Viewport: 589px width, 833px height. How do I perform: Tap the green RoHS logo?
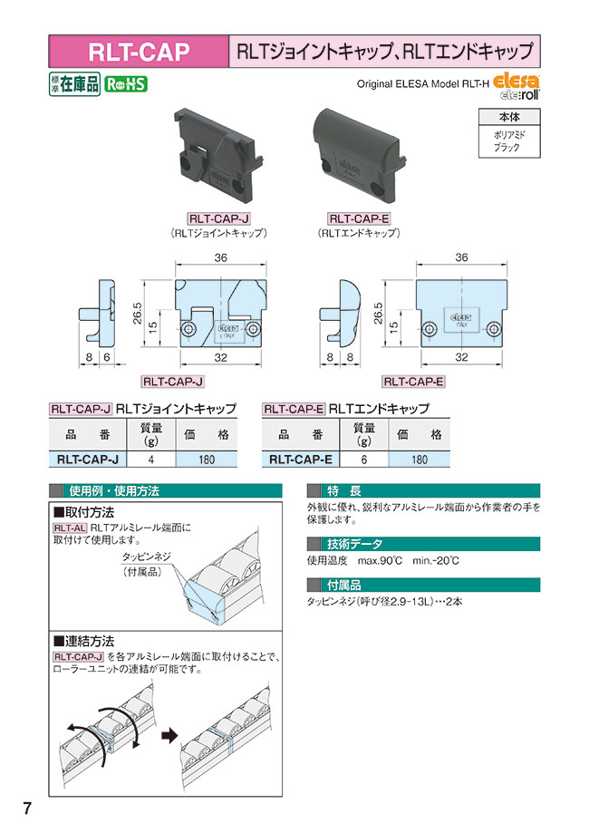pos(125,84)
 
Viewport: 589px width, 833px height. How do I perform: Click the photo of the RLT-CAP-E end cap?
pos(357,150)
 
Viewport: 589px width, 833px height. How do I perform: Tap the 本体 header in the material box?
pos(507,117)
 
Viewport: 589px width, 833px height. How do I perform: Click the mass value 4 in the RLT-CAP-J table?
pos(151,460)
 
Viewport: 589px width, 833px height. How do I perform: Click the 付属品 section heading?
pos(344,585)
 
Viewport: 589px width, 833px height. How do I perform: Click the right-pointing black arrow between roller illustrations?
pos(166,736)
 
